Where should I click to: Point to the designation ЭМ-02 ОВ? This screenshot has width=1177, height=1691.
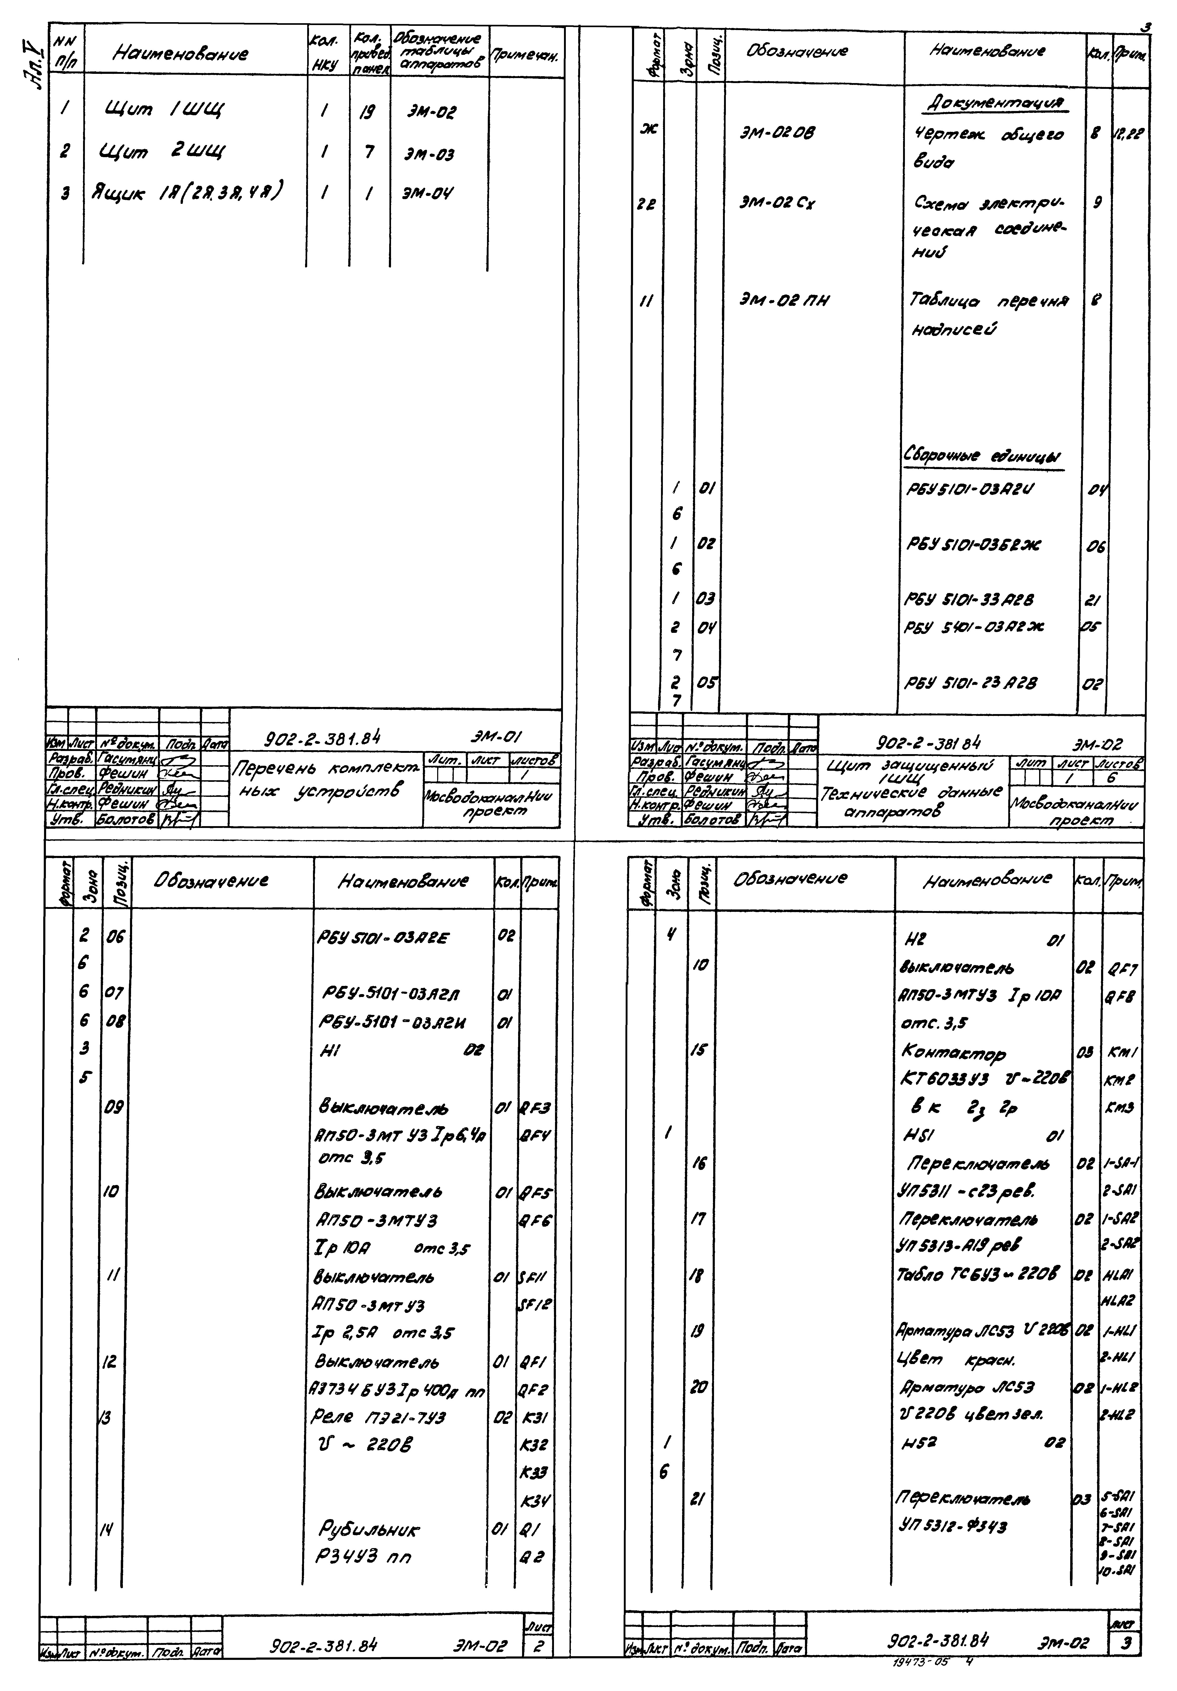[x=777, y=133]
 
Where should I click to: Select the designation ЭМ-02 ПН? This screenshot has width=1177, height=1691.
[x=784, y=301]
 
